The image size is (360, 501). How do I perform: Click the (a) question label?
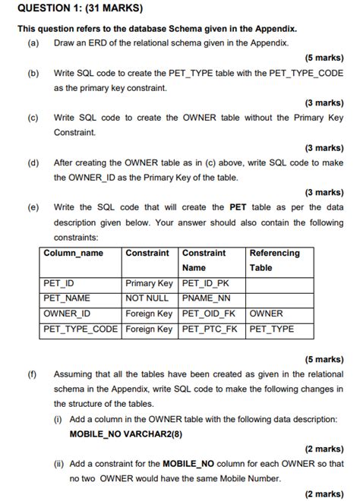click(x=33, y=43)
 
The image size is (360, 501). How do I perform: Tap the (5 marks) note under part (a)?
click(x=324, y=58)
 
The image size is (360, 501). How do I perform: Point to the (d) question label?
click(x=33, y=162)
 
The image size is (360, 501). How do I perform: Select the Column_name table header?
click(x=74, y=253)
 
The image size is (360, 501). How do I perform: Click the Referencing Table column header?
click(x=274, y=260)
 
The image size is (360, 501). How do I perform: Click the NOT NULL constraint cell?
click(x=147, y=298)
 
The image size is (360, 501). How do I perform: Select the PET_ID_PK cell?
click(x=207, y=284)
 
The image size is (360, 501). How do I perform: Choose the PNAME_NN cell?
click(x=207, y=298)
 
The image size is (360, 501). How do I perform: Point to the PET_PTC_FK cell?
click(x=210, y=329)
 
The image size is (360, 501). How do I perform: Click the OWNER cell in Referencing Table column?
click(x=266, y=314)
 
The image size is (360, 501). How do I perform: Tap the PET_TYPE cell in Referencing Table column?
click(x=272, y=329)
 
